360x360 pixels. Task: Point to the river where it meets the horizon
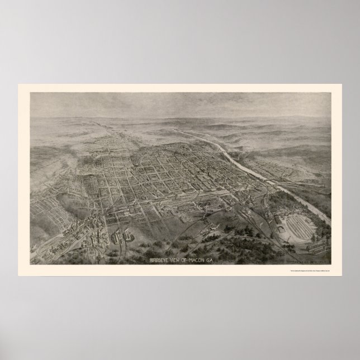(184, 130)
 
